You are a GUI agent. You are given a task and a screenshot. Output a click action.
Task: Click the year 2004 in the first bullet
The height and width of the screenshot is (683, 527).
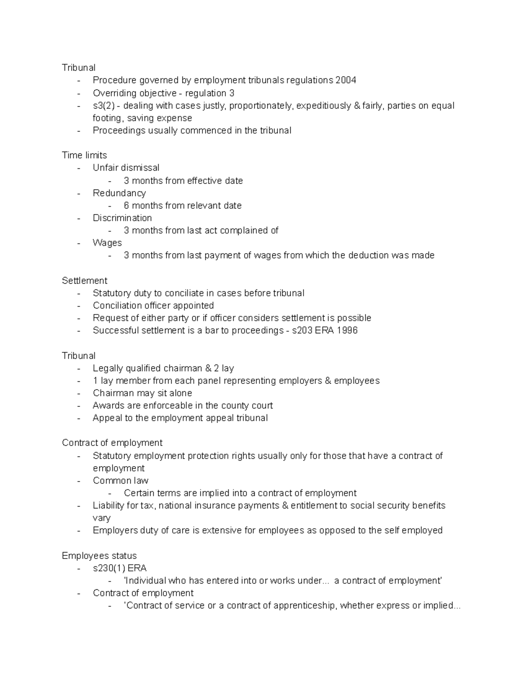tap(346, 80)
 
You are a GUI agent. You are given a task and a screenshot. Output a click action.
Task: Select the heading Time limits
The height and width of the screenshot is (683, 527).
tap(84, 155)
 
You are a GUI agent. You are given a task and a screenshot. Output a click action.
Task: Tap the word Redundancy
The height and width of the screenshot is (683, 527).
tap(119, 193)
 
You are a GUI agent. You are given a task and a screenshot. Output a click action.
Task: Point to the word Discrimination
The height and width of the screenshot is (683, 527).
tap(122, 218)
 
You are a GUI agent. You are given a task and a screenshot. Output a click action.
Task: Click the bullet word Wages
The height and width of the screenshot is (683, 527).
tap(107, 243)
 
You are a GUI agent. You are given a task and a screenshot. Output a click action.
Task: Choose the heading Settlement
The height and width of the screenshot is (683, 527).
tap(84, 281)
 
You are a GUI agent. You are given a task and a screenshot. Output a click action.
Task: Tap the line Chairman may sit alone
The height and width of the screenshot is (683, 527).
tap(142, 393)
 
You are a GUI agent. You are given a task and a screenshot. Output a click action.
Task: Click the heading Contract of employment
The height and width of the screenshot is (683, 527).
tap(112, 443)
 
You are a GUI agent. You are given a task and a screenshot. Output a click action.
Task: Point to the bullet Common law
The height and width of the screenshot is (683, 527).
tap(120, 481)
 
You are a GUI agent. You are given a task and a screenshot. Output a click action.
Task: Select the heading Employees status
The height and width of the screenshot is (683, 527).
tap(99, 556)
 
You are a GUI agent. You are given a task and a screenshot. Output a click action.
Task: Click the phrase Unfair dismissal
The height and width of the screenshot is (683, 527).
tap(126, 168)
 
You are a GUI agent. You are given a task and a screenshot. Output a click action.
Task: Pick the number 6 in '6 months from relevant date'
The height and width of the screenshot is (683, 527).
tap(126, 205)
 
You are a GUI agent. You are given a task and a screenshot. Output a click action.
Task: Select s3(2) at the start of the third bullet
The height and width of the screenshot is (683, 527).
tap(103, 106)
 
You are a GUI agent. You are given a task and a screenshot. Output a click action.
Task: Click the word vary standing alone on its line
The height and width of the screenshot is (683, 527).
tap(101, 518)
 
